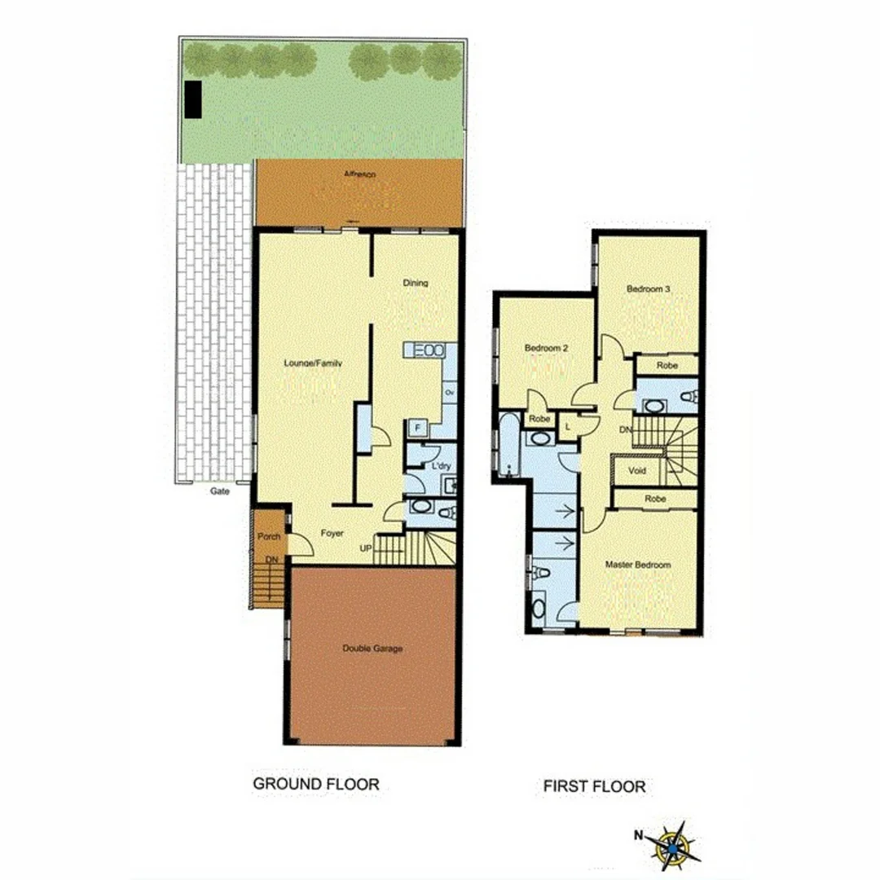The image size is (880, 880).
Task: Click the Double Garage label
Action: tap(372, 649)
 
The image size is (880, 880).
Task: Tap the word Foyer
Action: tap(331, 534)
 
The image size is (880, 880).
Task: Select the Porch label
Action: tap(269, 537)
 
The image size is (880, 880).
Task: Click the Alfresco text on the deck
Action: tap(359, 174)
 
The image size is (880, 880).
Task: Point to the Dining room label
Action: tap(416, 284)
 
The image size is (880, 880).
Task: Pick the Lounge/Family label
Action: tap(312, 363)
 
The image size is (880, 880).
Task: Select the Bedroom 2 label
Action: tap(546, 348)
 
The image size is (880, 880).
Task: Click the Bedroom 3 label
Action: tap(649, 288)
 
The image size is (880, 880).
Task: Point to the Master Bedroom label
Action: tap(637, 565)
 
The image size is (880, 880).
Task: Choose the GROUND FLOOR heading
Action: tap(316, 784)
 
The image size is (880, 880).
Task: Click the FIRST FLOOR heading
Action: tap(595, 786)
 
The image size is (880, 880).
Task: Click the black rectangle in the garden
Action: tap(193, 100)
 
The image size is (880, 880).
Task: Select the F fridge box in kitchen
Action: tap(417, 427)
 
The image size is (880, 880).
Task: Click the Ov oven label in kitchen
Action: tap(449, 393)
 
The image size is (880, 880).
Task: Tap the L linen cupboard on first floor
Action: tap(567, 422)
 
